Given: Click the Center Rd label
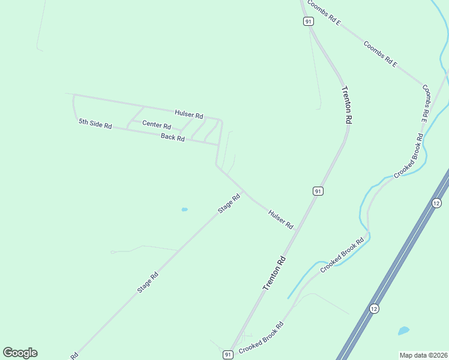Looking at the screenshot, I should [x=157, y=127].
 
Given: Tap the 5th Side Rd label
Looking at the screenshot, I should [x=95, y=124].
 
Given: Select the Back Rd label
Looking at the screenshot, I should [x=172, y=137].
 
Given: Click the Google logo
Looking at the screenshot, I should [x=20, y=353].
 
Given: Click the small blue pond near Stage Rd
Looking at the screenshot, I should [x=184, y=209].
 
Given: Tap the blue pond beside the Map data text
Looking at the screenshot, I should [x=403, y=331].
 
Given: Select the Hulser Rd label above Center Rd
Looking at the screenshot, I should [x=189, y=114].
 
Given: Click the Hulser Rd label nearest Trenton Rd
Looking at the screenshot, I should [x=281, y=219].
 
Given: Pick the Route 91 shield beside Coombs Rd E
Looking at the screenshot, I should [x=308, y=21].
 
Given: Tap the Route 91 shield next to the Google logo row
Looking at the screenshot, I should [x=228, y=355].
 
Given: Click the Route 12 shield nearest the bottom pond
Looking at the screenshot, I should [x=374, y=308].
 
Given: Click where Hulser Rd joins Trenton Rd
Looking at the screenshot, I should [x=298, y=230].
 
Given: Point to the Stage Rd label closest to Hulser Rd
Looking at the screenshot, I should [x=229, y=202].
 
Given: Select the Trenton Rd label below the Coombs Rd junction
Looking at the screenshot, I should [x=346, y=105].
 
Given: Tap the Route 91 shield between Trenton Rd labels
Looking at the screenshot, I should [x=318, y=191].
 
